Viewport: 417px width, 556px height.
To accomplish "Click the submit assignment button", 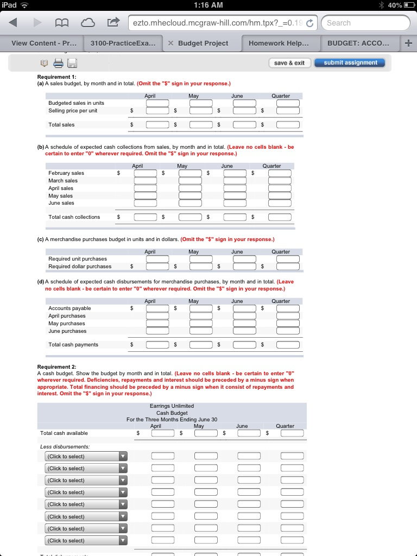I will pos(350,63).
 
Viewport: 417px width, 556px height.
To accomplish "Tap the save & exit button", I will pos(289,63).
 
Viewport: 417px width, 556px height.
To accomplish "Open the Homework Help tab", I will pos(279,43).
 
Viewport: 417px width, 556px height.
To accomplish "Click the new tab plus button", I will pos(408,43).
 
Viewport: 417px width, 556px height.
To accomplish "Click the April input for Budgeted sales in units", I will pos(157,103).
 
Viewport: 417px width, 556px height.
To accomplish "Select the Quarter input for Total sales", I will pos(288,125).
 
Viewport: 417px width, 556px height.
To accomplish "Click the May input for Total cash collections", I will pos(191,217).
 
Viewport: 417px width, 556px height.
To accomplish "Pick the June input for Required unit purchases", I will pos(244,259).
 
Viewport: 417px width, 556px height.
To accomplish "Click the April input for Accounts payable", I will pos(157,308).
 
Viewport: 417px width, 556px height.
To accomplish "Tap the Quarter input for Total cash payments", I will pos(288,345).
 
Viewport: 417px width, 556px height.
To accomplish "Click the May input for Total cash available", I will pos(206,433).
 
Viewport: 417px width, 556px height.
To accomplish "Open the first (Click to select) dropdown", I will pos(86,457).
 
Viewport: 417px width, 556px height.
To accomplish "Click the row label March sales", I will pos(63,180).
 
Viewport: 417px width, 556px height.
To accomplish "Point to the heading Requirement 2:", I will pos(57,367).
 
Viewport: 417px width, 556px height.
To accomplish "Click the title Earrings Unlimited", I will pos(172,406).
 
